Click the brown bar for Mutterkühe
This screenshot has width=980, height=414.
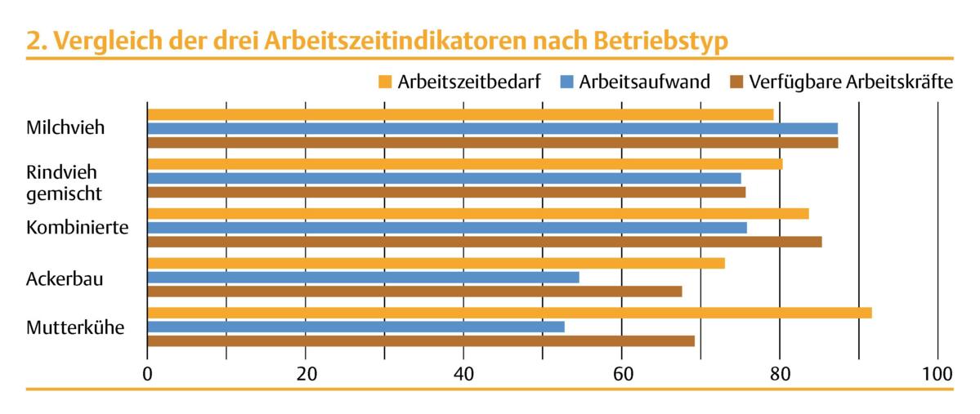pyautogui.click(x=421, y=341)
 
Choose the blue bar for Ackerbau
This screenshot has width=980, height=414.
pyautogui.click(x=363, y=277)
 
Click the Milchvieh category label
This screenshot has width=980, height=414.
pyautogui.click(x=65, y=128)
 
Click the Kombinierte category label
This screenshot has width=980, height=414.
pyautogui.click(x=77, y=227)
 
